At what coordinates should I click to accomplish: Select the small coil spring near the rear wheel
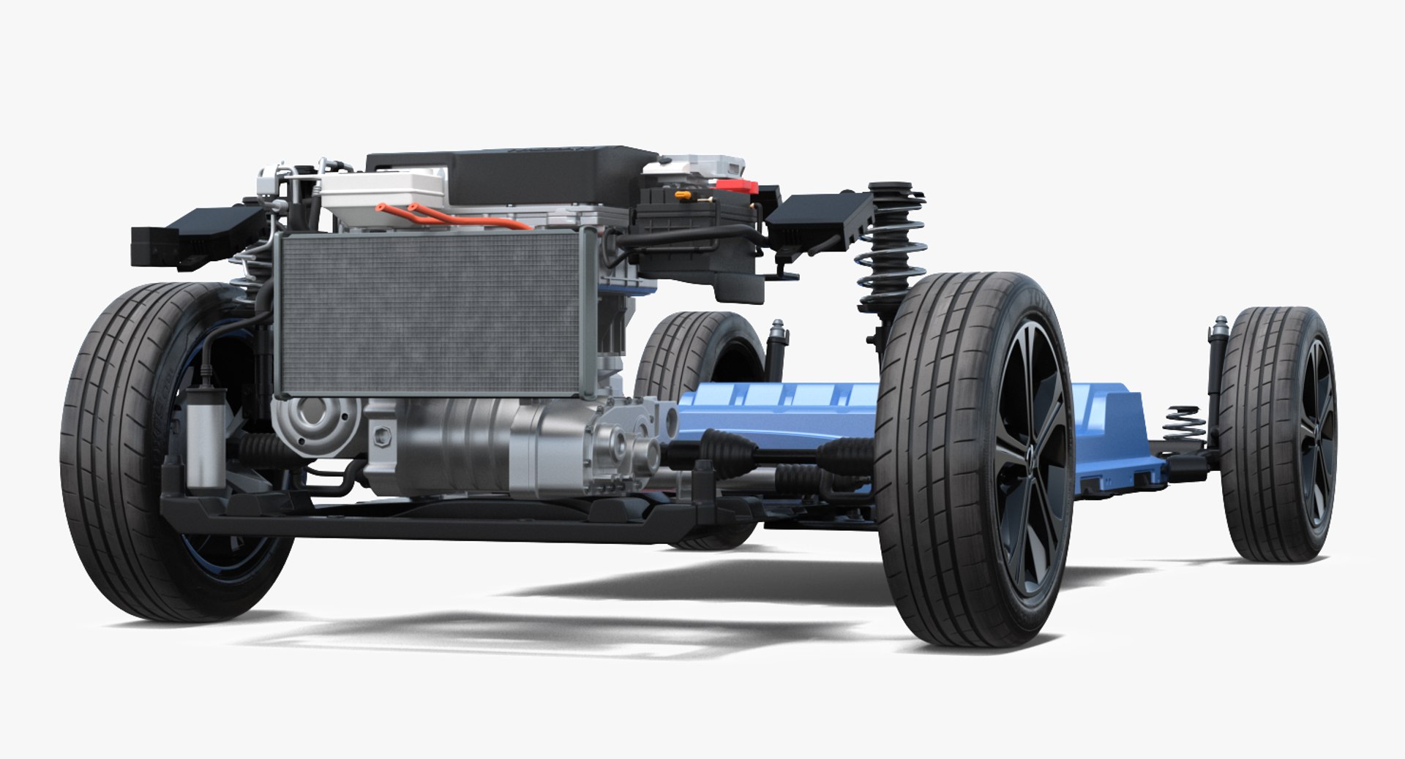(x=1184, y=424)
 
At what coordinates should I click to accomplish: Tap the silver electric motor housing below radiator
(x=468, y=446)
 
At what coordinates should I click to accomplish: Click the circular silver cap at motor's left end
(x=311, y=424)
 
